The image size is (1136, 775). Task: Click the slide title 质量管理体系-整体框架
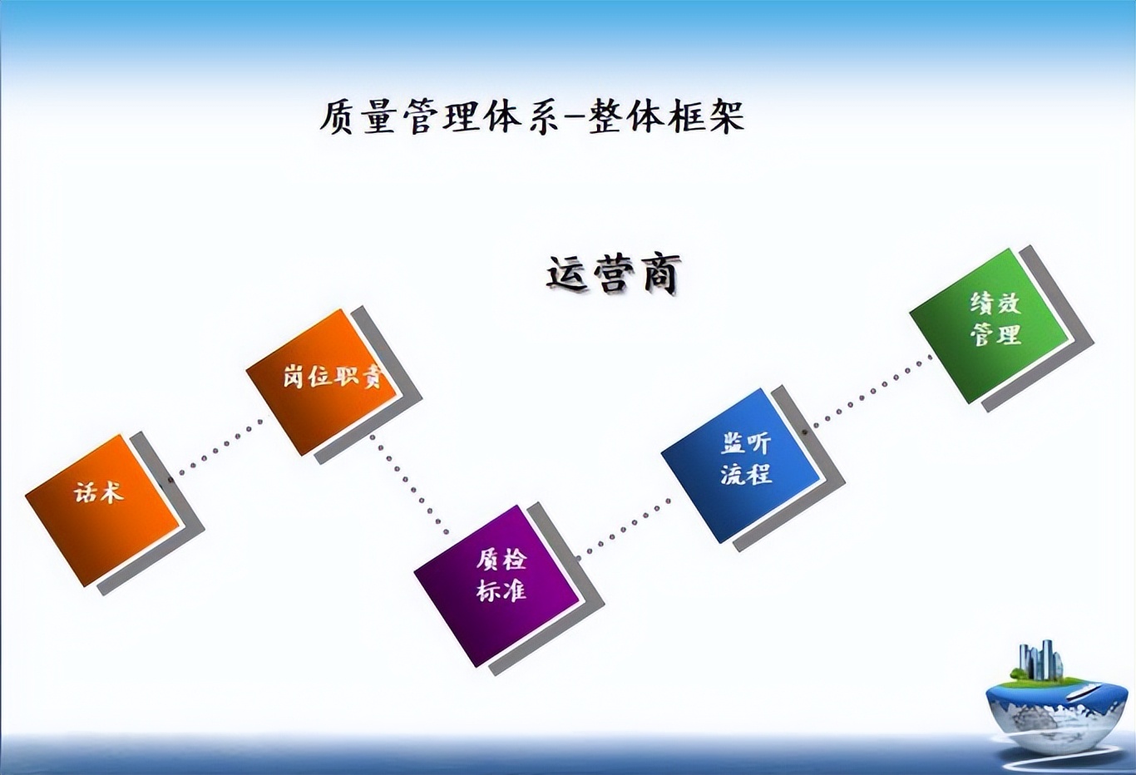[532, 116]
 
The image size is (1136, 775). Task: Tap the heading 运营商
[614, 274]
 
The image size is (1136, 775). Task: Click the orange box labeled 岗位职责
[324, 381]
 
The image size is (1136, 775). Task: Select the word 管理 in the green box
[995, 334]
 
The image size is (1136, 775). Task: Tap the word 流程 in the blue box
[746, 474]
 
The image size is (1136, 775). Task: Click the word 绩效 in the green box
[995, 303]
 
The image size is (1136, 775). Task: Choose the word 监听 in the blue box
[746, 442]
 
